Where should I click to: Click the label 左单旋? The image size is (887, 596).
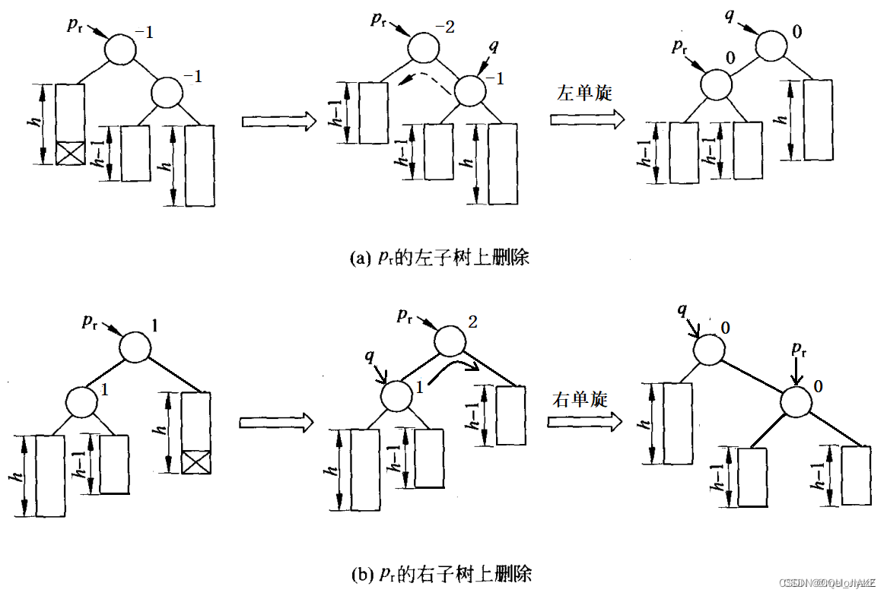[x=584, y=94]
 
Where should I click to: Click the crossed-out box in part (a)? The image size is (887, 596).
[x=69, y=153]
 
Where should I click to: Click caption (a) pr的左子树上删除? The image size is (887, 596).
[x=439, y=258]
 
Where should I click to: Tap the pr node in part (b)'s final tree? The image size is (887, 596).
[x=796, y=402]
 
